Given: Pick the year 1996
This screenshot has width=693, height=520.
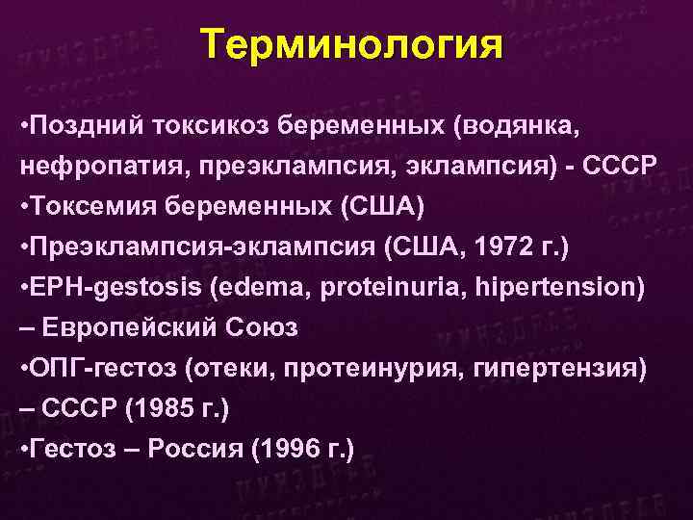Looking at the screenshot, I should pos(289,448).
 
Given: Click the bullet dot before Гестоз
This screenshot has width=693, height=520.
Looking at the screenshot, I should pos(23,448).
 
